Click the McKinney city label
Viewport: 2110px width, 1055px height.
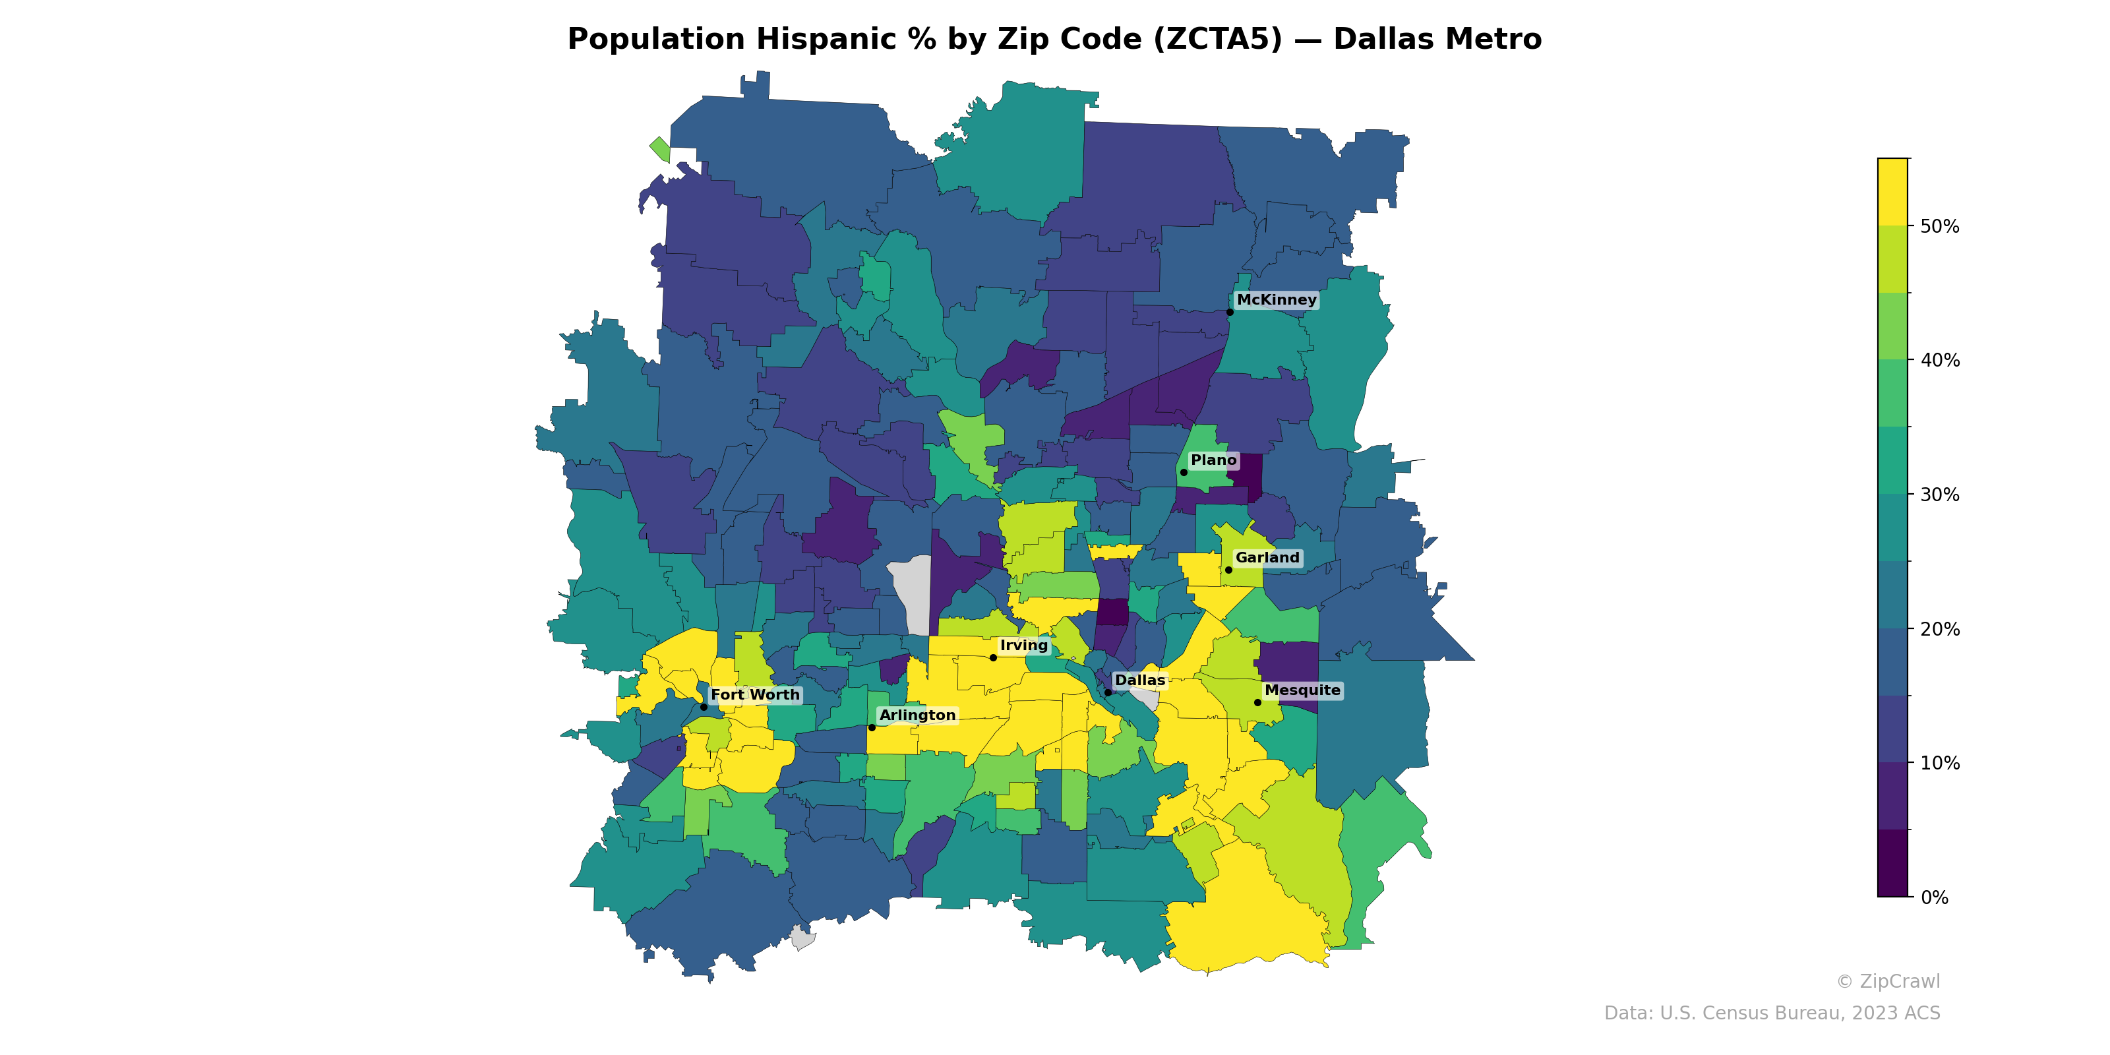1276,300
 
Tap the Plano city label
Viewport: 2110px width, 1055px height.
1213,460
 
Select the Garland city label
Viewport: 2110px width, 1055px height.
1267,558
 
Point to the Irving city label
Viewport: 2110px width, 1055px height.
1024,646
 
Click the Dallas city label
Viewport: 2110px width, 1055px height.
1139,680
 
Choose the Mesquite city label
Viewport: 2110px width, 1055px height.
1302,690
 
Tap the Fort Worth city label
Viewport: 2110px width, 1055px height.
754,694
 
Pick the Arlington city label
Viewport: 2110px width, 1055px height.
917,715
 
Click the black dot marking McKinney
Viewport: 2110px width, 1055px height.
1230,312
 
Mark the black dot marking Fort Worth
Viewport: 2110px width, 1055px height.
704,707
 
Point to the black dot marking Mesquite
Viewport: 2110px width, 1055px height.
1257,703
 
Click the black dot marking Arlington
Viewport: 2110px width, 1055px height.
872,727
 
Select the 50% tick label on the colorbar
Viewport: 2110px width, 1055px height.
1940,227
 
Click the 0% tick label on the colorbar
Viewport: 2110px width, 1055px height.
1935,897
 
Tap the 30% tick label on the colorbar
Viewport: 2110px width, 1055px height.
1940,495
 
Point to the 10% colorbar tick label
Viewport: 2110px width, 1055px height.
1940,764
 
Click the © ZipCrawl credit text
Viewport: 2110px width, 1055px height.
1888,981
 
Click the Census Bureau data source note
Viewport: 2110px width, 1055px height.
1772,1013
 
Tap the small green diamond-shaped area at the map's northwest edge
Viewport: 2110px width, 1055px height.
660,149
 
